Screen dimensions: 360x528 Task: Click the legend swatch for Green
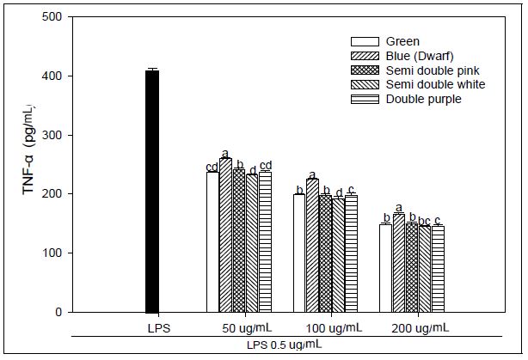point(365,41)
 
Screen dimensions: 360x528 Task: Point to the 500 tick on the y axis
point(51,17)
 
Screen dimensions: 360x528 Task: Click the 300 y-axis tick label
point(51,135)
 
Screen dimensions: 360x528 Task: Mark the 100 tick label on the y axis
point(51,253)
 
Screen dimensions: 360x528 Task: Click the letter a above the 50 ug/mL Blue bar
point(225,152)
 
